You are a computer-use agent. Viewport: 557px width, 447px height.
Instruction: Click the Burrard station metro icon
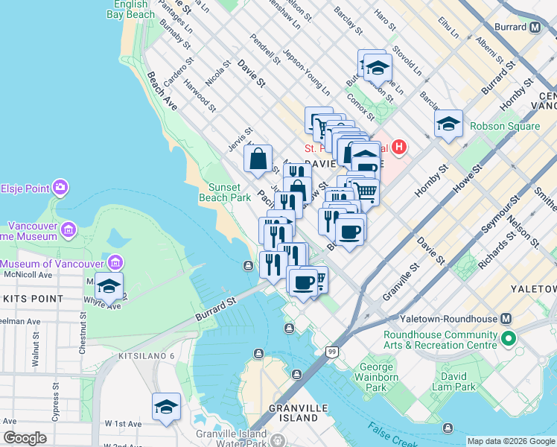(535, 28)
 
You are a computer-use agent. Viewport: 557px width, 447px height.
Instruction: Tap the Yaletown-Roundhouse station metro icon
(506, 318)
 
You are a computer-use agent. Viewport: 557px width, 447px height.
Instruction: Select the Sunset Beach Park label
(224, 193)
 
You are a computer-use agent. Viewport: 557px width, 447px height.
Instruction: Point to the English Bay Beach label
(130, 9)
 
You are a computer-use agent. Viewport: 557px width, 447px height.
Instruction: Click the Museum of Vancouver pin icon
(115, 263)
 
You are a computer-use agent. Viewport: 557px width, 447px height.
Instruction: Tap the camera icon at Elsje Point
(60, 186)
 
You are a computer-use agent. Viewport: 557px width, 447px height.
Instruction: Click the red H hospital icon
(400, 147)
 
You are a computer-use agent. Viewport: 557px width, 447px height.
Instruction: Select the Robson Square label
(508, 126)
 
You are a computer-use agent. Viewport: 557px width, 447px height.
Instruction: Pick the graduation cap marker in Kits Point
(109, 287)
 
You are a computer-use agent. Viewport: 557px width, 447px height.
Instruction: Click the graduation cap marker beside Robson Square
(448, 124)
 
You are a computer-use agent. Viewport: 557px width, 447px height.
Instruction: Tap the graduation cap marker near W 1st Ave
(166, 407)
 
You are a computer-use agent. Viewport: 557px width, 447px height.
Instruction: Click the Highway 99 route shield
(331, 351)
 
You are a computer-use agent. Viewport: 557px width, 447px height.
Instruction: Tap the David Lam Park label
(453, 381)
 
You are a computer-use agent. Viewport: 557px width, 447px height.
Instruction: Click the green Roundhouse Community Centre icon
(509, 340)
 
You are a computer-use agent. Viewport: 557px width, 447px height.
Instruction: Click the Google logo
(25, 438)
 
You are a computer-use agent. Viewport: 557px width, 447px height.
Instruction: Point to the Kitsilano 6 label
(146, 356)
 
